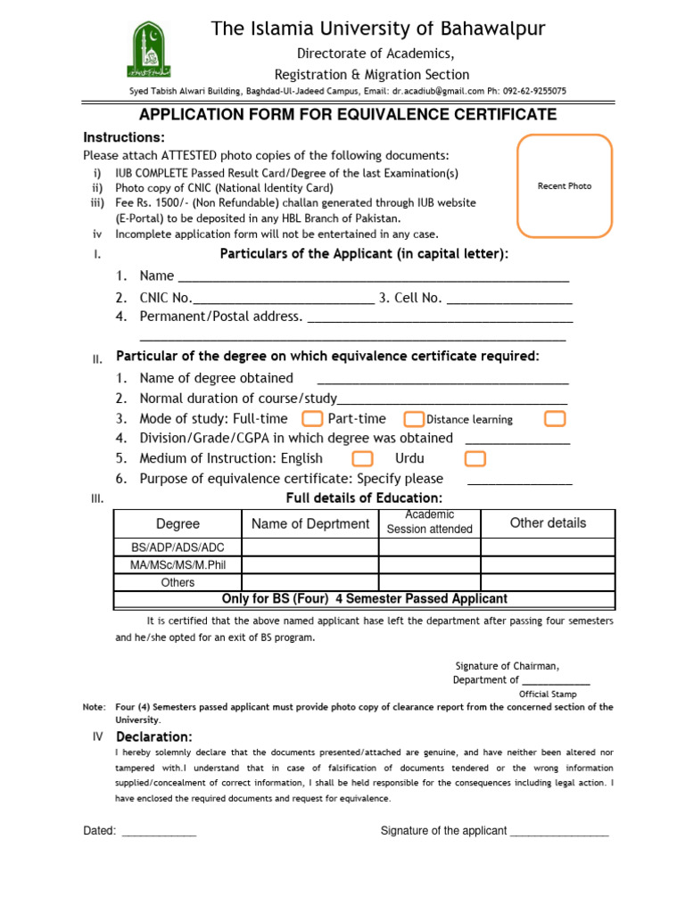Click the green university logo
click(x=149, y=51)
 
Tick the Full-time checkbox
click(x=312, y=419)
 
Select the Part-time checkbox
click(x=414, y=419)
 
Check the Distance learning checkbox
click(x=555, y=419)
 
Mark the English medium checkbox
click(x=362, y=458)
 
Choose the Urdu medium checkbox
click(x=475, y=458)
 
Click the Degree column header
click(x=177, y=524)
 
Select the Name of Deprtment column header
click(x=309, y=524)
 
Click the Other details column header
click(x=548, y=523)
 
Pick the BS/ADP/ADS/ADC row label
click(x=177, y=547)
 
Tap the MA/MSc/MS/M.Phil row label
click(x=177, y=565)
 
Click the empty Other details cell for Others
click(x=548, y=582)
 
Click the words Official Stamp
click(x=548, y=694)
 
